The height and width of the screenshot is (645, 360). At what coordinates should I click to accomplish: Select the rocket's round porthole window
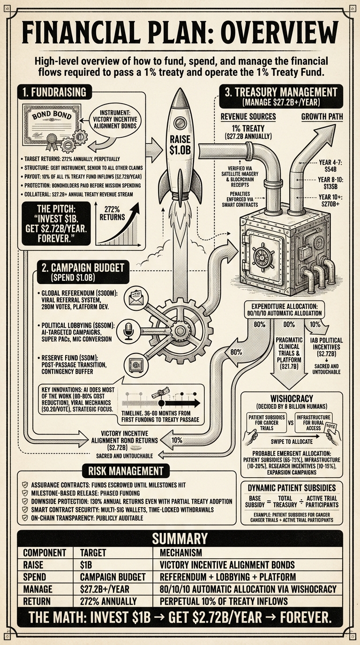(180, 123)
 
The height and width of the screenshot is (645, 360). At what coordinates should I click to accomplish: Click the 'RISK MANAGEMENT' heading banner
(123, 471)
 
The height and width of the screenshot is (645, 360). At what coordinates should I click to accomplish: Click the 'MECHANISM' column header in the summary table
(180, 552)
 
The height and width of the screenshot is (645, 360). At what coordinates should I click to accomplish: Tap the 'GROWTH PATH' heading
(322, 117)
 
